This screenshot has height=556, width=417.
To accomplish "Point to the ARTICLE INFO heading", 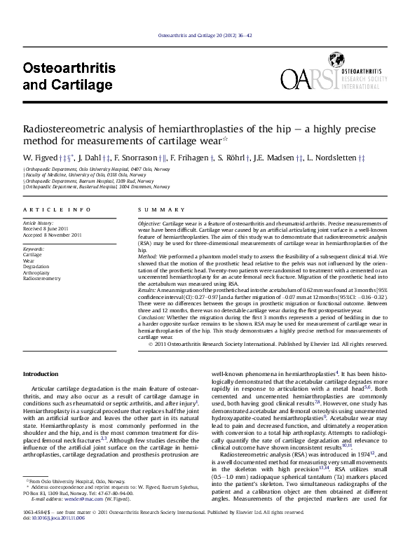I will pyautogui.click(x=57, y=210).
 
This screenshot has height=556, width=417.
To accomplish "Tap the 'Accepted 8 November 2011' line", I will pyautogui.click(x=53, y=235).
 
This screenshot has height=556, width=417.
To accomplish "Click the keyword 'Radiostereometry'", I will pyautogui.click(x=42, y=278).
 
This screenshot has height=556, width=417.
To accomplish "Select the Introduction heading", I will pyautogui.click(x=41, y=375).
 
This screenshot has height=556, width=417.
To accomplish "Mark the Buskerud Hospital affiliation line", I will pyautogui.click(x=97, y=187).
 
